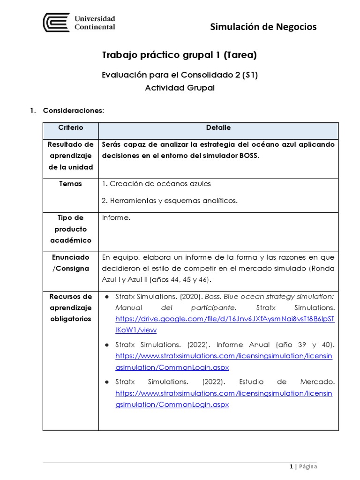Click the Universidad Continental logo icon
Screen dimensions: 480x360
[56, 22]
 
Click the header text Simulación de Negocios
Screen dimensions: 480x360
[263, 27]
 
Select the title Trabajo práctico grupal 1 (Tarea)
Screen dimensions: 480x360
[180, 55]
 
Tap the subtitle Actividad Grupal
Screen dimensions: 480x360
[180, 88]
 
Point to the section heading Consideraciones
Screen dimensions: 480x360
[73, 111]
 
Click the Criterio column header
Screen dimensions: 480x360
[70, 127]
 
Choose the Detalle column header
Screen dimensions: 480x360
[218, 127]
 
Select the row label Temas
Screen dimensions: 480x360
[70, 184]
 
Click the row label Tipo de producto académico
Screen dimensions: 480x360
[70, 229]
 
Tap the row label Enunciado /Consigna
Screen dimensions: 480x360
[70, 262]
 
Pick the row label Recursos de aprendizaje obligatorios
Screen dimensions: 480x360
[70, 307]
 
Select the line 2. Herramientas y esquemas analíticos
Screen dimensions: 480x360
[169, 201]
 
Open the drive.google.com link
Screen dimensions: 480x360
[225, 319]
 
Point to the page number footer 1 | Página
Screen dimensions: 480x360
[303, 466]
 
